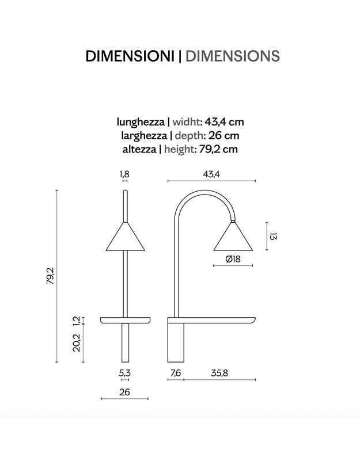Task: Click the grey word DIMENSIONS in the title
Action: pos(233,56)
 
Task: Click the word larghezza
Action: pos(143,136)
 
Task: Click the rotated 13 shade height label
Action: pos(274,237)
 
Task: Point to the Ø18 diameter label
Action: pos(233,260)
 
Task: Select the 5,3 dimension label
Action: pos(124,373)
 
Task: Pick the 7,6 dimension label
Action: pos(176,373)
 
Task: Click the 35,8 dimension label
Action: pos(219,373)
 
